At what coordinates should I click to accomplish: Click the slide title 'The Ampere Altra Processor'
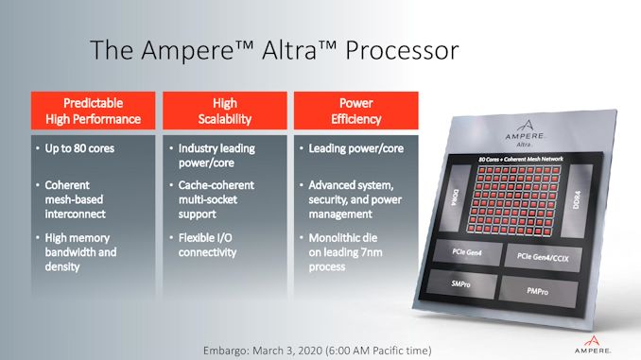click(x=274, y=50)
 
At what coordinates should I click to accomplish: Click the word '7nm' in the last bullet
click(x=389, y=253)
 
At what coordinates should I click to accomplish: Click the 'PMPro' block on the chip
click(x=537, y=290)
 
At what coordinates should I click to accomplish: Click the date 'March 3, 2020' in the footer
click(x=298, y=349)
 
